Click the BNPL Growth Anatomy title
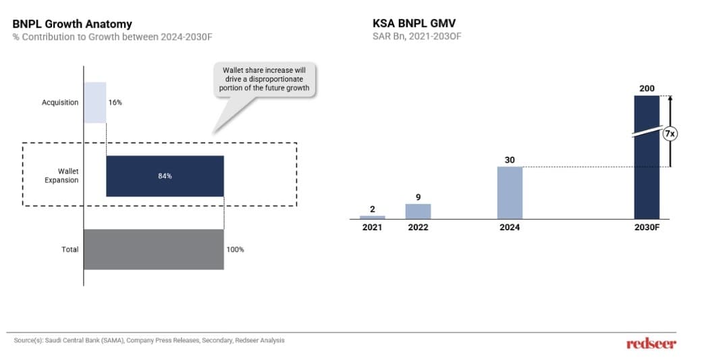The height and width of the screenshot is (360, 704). coord(72,24)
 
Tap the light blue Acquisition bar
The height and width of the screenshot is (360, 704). coord(95,102)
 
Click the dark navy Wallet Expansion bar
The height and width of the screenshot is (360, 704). coord(165,176)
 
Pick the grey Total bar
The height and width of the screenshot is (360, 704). coord(154,249)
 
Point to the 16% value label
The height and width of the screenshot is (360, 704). coord(115,103)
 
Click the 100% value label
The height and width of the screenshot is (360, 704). coord(235,249)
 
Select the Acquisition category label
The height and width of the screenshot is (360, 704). coord(60,103)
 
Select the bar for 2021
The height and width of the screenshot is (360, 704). coord(372,217)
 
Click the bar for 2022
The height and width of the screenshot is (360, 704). coord(418,211)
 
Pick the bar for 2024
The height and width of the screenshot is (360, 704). coord(510,192)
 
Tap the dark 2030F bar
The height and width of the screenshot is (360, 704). coord(646,157)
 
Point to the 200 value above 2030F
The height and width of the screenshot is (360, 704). coord(647,88)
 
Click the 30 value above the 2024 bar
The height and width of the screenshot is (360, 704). coord(510,160)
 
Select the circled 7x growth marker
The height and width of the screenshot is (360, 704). coord(669,134)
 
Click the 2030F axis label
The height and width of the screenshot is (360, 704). coord(646,228)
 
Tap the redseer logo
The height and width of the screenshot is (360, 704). coord(651,344)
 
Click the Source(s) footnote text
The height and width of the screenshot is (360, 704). coord(149,340)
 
